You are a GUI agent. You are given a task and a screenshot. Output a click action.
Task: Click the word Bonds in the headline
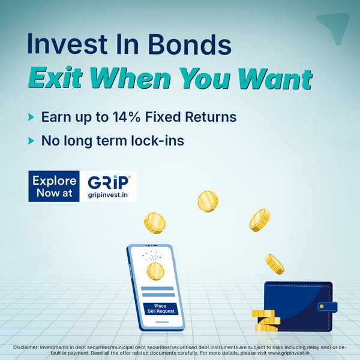click(x=190, y=44)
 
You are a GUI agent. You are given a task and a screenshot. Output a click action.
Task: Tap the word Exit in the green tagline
click(x=55, y=78)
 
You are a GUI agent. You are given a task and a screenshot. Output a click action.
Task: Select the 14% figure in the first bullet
click(x=126, y=117)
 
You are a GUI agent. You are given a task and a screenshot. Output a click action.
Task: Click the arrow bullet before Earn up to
click(x=31, y=117)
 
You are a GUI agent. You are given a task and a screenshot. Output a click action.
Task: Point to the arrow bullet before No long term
click(x=31, y=140)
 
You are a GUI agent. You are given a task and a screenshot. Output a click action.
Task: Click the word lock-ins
click(x=157, y=140)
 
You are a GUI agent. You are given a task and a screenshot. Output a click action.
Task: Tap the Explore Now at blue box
click(x=54, y=186)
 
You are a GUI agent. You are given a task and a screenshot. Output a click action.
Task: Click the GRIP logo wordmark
click(x=109, y=182)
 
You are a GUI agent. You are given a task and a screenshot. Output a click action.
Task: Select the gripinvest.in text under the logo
click(x=107, y=195)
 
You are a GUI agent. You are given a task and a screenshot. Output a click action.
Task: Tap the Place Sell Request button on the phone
click(x=160, y=309)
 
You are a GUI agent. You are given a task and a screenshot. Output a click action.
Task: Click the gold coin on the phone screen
click(x=155, y=271)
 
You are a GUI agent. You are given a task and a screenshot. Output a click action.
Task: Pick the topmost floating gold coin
click(x=208, y=201)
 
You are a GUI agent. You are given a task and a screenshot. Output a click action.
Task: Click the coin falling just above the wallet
click(x=274, y=264)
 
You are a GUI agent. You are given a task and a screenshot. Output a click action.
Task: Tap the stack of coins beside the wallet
click(x=266, y=320)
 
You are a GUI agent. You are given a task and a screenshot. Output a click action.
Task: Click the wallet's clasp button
click(x=322, y=306)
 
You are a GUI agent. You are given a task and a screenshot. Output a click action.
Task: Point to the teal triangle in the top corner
click(x=334, y=26)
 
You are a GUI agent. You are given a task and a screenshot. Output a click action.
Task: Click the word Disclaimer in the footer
click(x=25, y=347)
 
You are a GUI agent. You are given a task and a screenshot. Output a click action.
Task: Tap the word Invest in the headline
click(x=67, y=44)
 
